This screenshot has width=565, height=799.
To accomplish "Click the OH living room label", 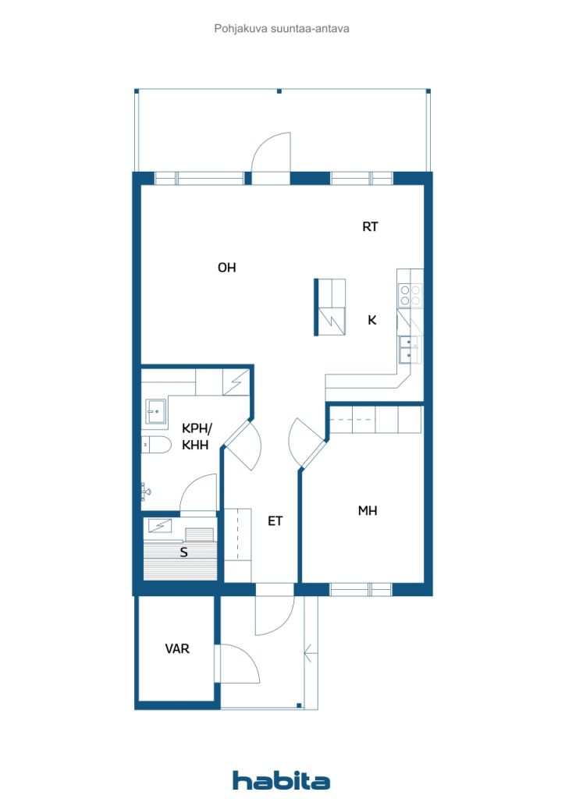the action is [x=227, y=268].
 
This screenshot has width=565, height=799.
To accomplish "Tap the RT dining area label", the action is [x=370, y=227].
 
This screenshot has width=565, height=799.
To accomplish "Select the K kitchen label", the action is [x=372, y=320].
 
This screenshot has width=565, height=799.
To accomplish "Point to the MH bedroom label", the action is [x=368, y=510].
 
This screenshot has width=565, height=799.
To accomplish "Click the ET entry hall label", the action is [x=275, y=520].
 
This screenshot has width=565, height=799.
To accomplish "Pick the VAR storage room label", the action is [x=177, y=648].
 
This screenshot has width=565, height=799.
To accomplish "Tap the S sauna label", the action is [x=184, y=552].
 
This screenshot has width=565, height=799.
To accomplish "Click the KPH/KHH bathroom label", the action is [x=196, y=437].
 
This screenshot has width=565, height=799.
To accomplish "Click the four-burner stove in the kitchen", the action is [x=410, y=295].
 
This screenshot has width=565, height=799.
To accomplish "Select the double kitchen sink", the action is [x=410, y=350].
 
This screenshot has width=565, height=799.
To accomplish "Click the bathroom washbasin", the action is [x=156, y=412].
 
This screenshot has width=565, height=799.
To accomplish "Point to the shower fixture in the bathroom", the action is [x=146, y=492].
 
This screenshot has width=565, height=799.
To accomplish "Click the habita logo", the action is [x=281, y=780].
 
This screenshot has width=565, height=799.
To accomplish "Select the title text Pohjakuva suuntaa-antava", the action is [x=282, y=29].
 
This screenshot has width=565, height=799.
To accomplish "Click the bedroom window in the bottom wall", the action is [x=361, y=590].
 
